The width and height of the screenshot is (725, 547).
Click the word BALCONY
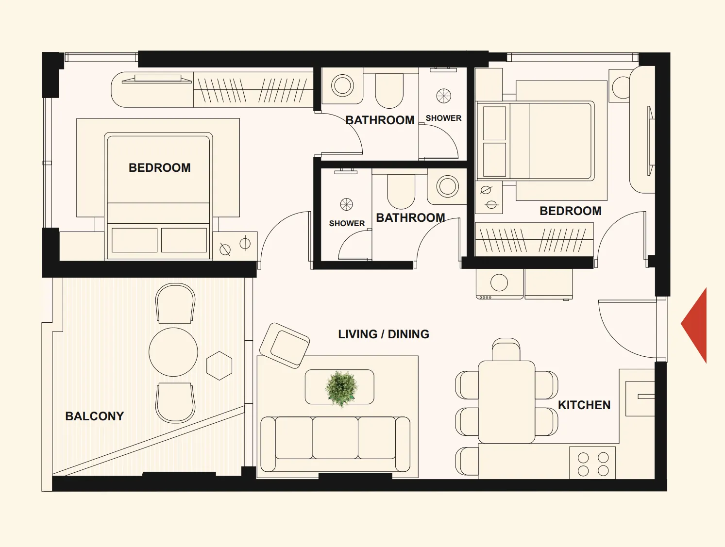point(95,416)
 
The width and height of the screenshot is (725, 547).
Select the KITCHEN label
point(584,405)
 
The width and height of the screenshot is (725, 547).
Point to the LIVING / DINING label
point(384,334)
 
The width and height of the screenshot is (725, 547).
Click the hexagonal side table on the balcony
point(219,365)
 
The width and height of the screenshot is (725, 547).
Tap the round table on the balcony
point(173,352)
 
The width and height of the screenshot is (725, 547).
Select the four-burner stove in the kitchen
point(592,463)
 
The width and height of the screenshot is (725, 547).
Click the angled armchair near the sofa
point(285,345)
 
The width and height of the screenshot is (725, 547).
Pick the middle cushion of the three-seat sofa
point(335,438)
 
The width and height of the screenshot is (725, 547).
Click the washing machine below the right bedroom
point(499,284)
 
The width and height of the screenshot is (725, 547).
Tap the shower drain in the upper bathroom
point(443,96)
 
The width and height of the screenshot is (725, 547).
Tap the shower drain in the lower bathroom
point(347,204)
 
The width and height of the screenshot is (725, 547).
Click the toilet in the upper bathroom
point(389,90)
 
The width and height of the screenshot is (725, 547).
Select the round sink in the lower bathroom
point(447,186)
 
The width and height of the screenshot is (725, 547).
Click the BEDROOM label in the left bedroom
point(160,168)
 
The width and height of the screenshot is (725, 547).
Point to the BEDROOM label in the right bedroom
point(571,211)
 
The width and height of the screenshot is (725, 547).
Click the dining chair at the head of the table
point(506,349)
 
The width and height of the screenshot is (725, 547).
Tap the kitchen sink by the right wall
point(640,398)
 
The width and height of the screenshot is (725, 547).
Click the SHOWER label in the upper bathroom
point(443,118)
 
